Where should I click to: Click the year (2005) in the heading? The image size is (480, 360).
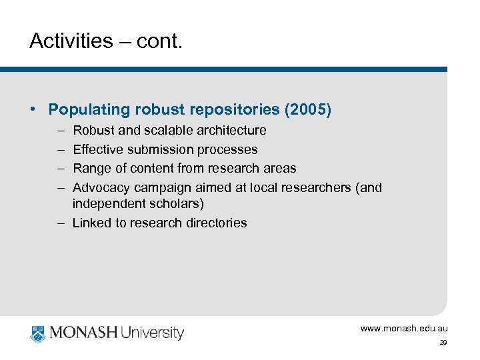(307, 109)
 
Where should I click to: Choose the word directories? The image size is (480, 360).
(215, 223)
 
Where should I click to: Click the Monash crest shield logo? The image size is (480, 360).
(37, 333)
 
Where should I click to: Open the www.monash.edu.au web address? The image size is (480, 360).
(404, 329)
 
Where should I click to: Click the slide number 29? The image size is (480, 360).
(443, 342)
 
